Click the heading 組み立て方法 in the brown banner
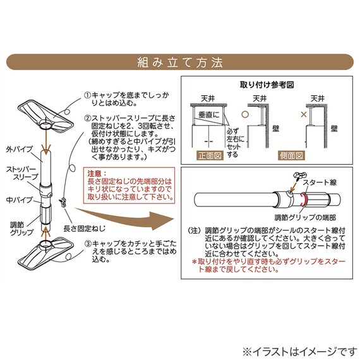(x=179, y=63)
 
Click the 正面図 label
(x=207, y=154)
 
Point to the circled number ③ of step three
(x=88, y=243)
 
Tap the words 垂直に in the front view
(x=205, y=116)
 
